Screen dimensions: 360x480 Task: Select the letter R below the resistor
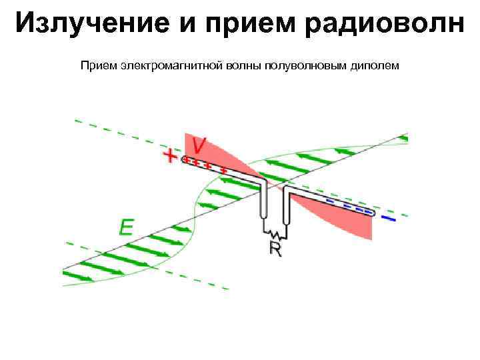pyautogui.click(x=275, y=248)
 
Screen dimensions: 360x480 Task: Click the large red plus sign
pyautogui.click(x=171, y=157)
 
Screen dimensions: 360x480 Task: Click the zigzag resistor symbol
pyautogui.click(x=275, y=233)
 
